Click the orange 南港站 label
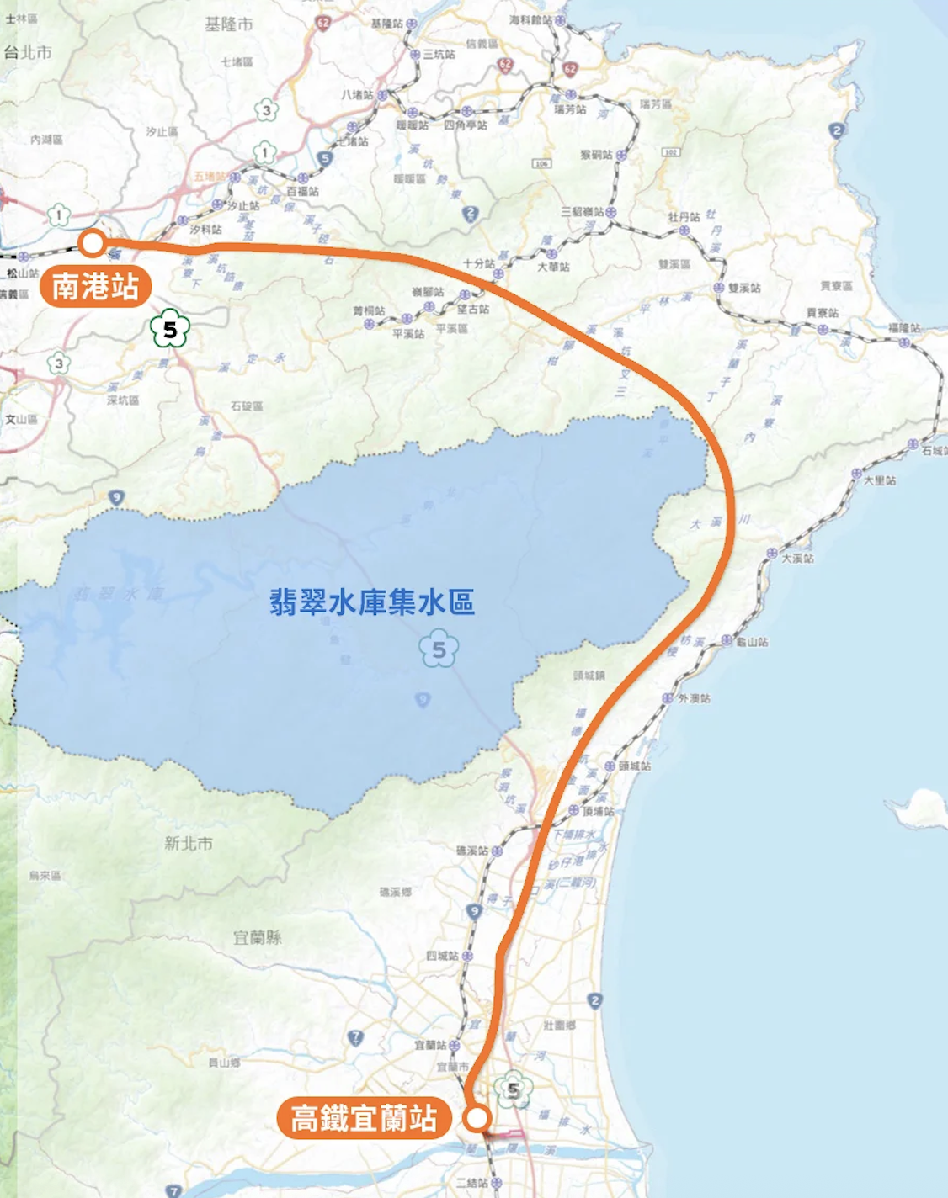95,288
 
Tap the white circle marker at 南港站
92,244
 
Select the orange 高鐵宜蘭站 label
364,1119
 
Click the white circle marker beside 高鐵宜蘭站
477,1118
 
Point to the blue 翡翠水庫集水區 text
372,602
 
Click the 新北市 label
189,843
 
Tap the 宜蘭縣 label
258,937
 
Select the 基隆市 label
228,24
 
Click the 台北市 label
27,52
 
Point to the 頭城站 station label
635,766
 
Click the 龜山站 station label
752,642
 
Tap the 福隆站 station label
904,328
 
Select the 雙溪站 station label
744,288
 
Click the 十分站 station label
478,263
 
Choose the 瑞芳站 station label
570,109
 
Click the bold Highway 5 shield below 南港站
170,330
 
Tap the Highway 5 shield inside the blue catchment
439,649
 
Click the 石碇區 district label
247,406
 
